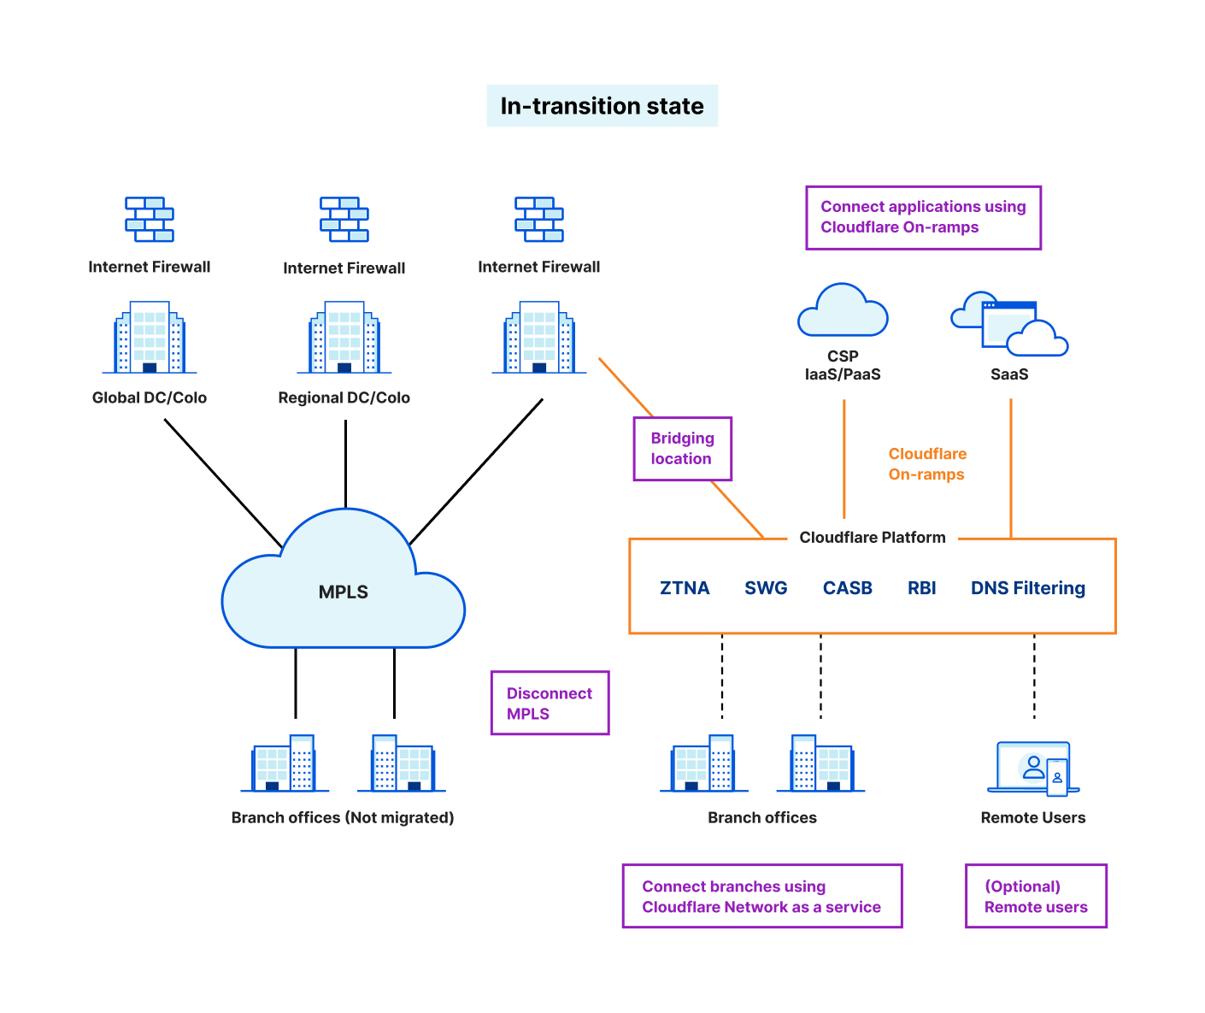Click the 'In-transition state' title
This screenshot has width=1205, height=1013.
[x=602, y=106]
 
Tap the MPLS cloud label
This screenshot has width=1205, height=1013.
[x=343, y=592]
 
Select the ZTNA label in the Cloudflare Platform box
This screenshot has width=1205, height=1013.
[x=685, y=587]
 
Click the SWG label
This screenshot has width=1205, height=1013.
[x=765, y=587]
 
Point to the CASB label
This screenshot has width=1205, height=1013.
[x=847, y=587]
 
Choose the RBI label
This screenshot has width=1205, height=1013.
[x=921, y=587]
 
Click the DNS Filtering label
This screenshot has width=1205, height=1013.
[x=1027, y=587]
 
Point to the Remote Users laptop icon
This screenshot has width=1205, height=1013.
[x=1032, y=769]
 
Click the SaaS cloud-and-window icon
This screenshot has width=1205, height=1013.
[x=1008, y=324]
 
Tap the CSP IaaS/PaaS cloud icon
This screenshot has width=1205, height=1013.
[x=842, y=309]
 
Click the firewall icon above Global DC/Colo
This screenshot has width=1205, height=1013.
[x=150, y=219]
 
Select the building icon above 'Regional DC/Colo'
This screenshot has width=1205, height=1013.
[x=344, y=337]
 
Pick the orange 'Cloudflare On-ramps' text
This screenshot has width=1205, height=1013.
[x=927, y=463]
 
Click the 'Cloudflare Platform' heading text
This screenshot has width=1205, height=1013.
[x=872, y=538]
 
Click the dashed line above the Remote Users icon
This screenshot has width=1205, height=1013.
[x=1033, y=676]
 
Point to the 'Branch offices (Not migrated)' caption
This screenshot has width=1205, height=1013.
[x=342, y=817]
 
